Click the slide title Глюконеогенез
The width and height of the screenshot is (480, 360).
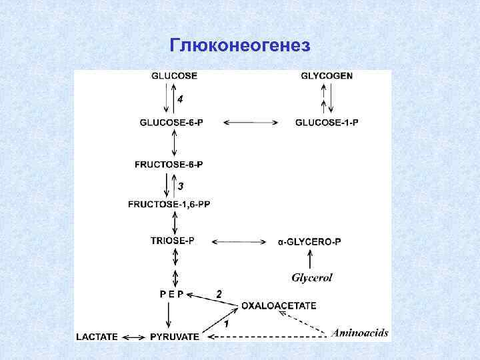[x=240, y=45]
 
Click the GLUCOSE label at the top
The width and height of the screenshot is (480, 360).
[x=174, y=76]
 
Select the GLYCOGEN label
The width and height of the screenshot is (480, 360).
[x=327, y=76]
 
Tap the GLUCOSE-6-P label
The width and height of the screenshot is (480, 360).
[x=172, y=123]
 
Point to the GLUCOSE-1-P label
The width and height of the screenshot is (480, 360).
[x=327, y=123]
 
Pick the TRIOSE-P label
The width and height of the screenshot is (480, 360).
[x=173, y=241]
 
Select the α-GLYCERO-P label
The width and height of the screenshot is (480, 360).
[x=309, y=241]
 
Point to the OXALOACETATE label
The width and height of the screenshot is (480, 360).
[x=279, y=305]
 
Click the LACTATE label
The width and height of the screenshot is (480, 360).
[x=97, y=337]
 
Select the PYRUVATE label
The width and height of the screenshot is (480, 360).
[x=174, y=337]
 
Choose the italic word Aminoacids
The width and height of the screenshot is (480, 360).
[x=360, y=333]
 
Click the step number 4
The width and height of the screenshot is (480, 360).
[x=180, y=99]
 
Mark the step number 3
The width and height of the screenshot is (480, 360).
[x=180, y=185]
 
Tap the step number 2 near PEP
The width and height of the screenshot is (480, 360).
[x=218, y=293]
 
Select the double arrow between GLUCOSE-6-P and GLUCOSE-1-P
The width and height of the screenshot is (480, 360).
[x=249, y=123]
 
